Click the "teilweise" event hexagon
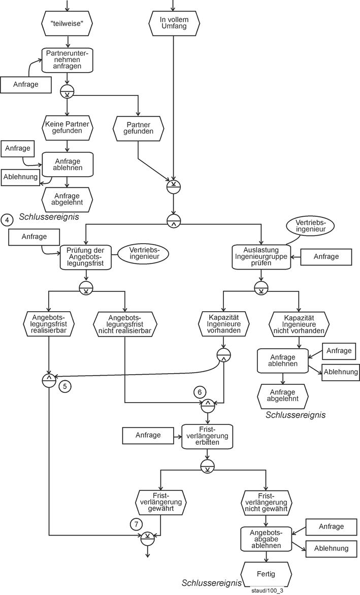pyautogui.click(x=68, y=23)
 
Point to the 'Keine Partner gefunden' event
pyautogui.click(x=68, y=127)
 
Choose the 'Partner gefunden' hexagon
pyautogui.click(x=139, y=127)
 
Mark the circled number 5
pyautogui.click(x=66, y=386)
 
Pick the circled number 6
pyautogui.click(x=200, y=392)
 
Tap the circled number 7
pyautogui.click(x=136, y=524)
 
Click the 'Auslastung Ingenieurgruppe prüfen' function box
pyautogui.click(x=260, y=257)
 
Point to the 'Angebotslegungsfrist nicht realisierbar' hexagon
pyautogui.click(x=125, y=323)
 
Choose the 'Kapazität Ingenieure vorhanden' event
pyautogui.click(x=224, y=323)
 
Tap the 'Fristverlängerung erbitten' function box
pyautogui.click(x=207, y=436)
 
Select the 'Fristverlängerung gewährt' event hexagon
pyautogui.click(x=161, y=503)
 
